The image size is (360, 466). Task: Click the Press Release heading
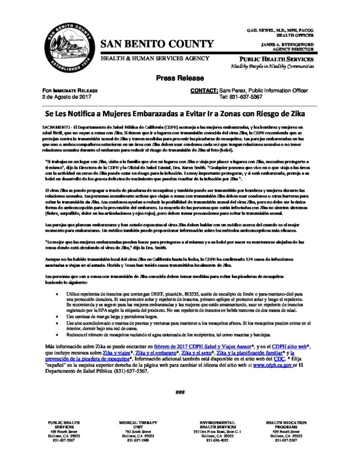pyautogui.click(x=180, y=78)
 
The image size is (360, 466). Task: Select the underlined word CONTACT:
pyautogui.click(x=203, y=91)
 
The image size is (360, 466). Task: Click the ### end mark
pyautogui.click(x=179, y=392)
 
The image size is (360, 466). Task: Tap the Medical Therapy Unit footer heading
pyautogui.click(x=134, y=425)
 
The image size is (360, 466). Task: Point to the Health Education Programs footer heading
pyautogui.click(x=286, y=425)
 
